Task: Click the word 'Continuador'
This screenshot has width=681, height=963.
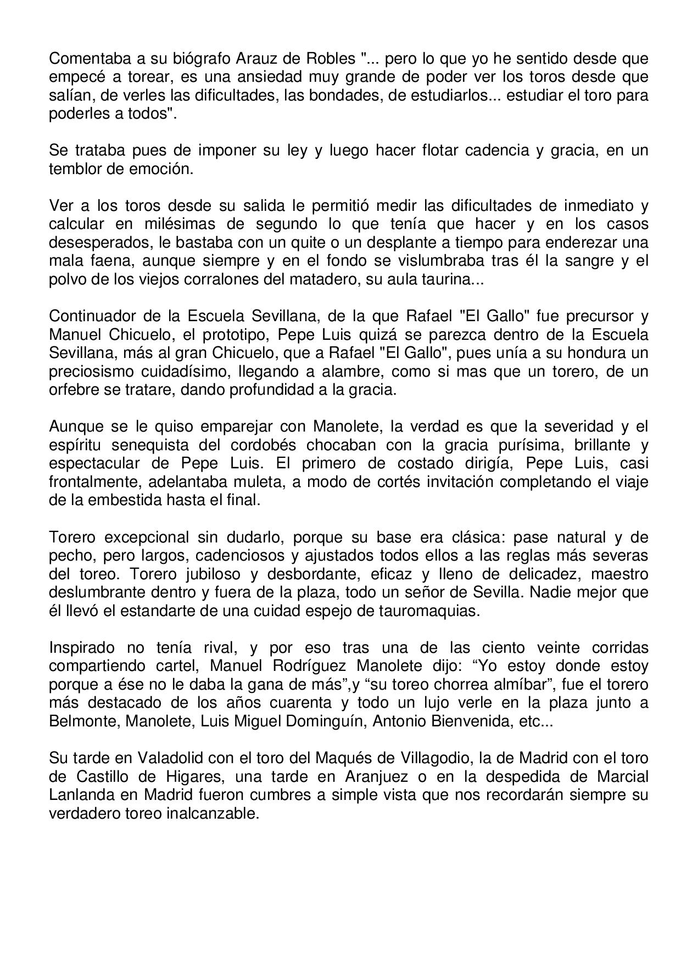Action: [x=92, y=316]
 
